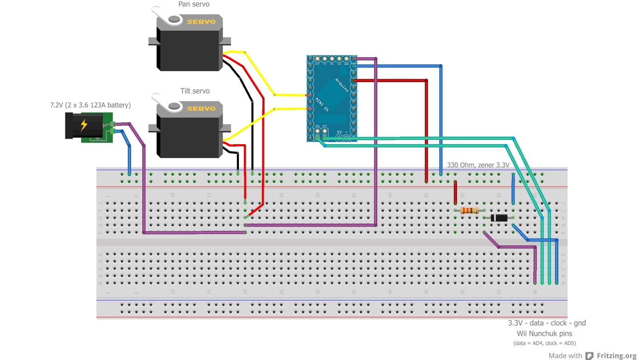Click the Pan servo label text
tap(194, 4)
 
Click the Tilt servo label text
tap(195, 91)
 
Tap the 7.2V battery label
tap(91, 105)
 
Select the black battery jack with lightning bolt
tap(84, 126)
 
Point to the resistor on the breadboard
tap(469, 210)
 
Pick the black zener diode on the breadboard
tap(499, 218)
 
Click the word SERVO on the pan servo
tap(201, 22)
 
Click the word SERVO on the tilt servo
tap(201, 109)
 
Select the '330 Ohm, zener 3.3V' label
tap(478, 165)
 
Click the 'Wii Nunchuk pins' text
tap(544, 334)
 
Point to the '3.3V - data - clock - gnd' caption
tap(547, 323)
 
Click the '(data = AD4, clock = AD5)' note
tap(544, 343)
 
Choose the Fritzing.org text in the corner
tap(616, 356)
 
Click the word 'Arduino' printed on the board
tap(342, 85)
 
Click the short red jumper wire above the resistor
tap(455, 192)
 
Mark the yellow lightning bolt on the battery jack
tap(84, 125)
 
